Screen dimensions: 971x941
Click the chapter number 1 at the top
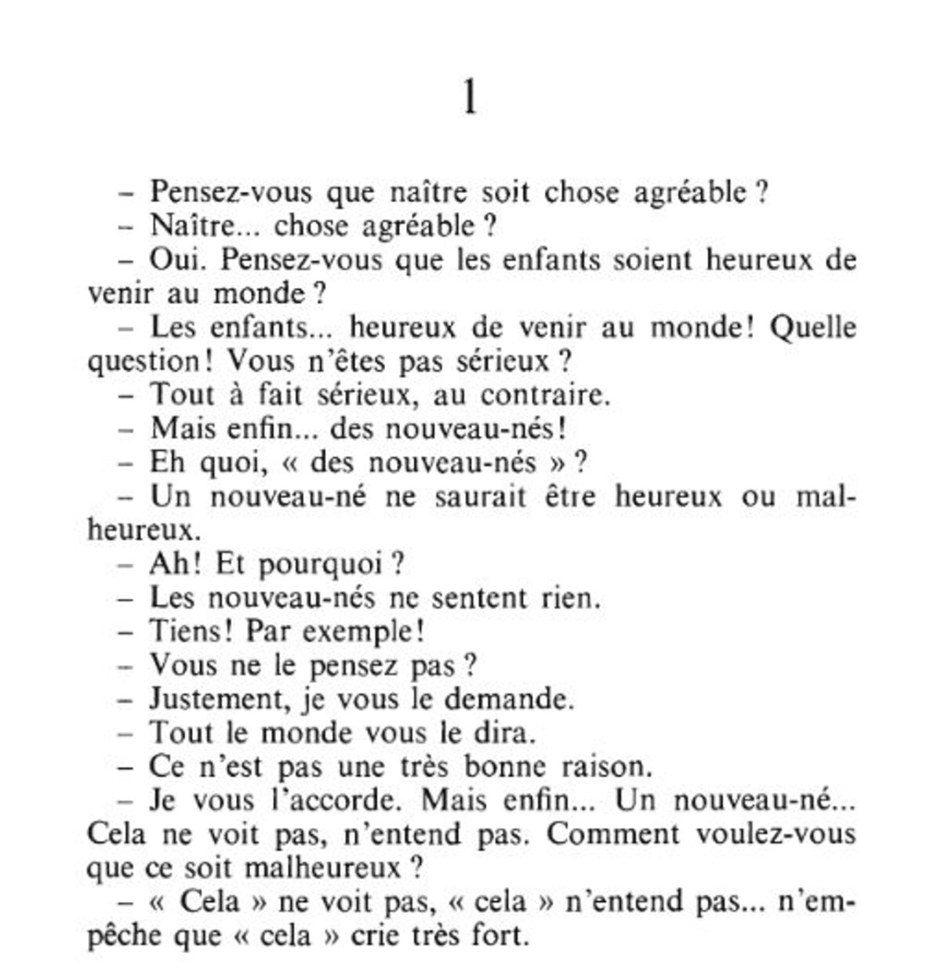(x=470, y=99)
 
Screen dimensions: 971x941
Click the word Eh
(x=166, y=462)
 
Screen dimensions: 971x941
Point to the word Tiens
(x=187, y=631)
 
